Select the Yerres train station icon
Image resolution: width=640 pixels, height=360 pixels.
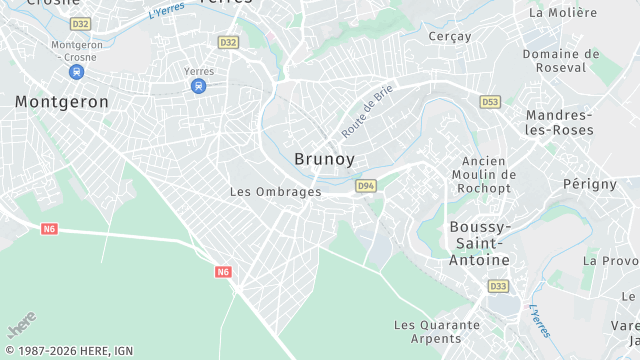(x=199, y=86)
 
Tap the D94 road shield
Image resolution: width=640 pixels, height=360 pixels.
(x=365, y=185)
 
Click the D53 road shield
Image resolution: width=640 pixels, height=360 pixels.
(x=490, y=102)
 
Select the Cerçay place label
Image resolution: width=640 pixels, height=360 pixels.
(x=449, y=36)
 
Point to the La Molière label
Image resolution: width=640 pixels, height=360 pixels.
(x=562, y=13)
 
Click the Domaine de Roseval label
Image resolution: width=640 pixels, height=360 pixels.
(x=561, y=62)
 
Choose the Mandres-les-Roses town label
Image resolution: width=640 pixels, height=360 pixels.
(x=559, y=122)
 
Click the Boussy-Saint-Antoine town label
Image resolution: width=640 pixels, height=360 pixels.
(x=479, y=243)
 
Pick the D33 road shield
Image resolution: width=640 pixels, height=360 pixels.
(x=498, y=286)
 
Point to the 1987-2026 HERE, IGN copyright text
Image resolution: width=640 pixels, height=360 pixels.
(x=69, y=351)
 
